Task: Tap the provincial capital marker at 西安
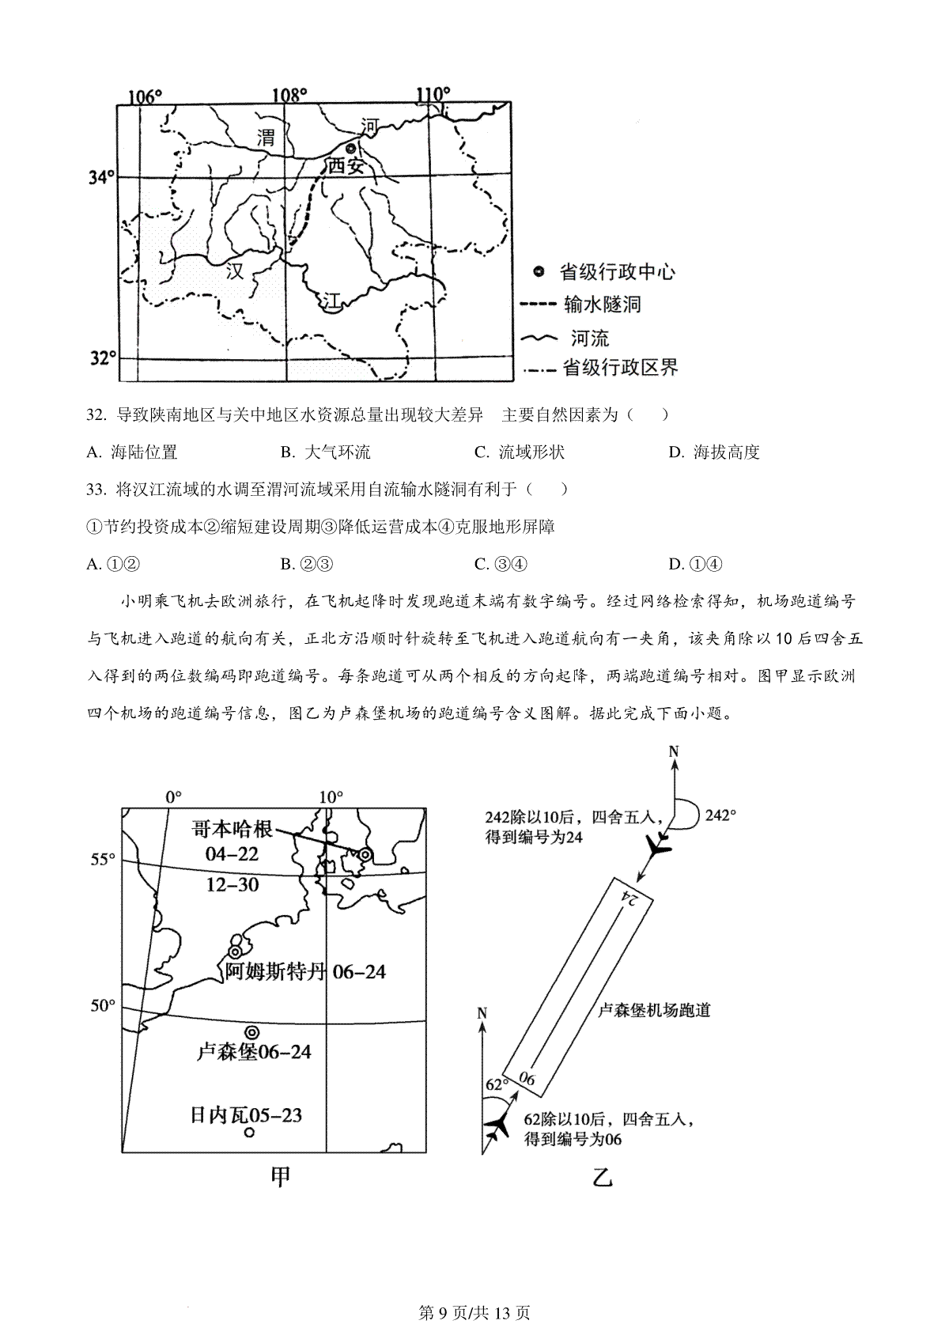(x=351, y=148)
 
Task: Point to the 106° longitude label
(x=145, y=96)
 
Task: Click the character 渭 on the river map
(x=266, y=137)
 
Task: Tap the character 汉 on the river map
(x=235, y=271)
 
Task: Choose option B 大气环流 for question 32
(x=326, y=452)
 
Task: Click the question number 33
(x=96, y=490)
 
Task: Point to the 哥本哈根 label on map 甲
(x=233, y=829)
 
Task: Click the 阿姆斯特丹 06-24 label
(x=305, y=971)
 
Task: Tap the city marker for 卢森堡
(x=251, y=1032)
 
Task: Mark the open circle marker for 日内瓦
(x=249, y=1133)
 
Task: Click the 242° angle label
(x=720, y=815)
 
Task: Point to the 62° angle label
(x=495, y=1083)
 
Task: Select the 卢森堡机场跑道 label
(x=654, y=1010)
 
